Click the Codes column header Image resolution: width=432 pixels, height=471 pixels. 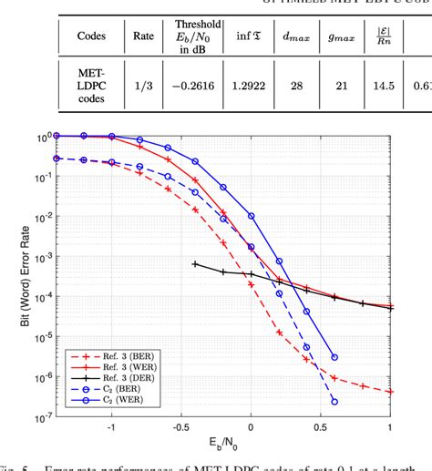(91, 37)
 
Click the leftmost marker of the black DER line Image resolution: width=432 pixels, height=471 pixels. (195, 263)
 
